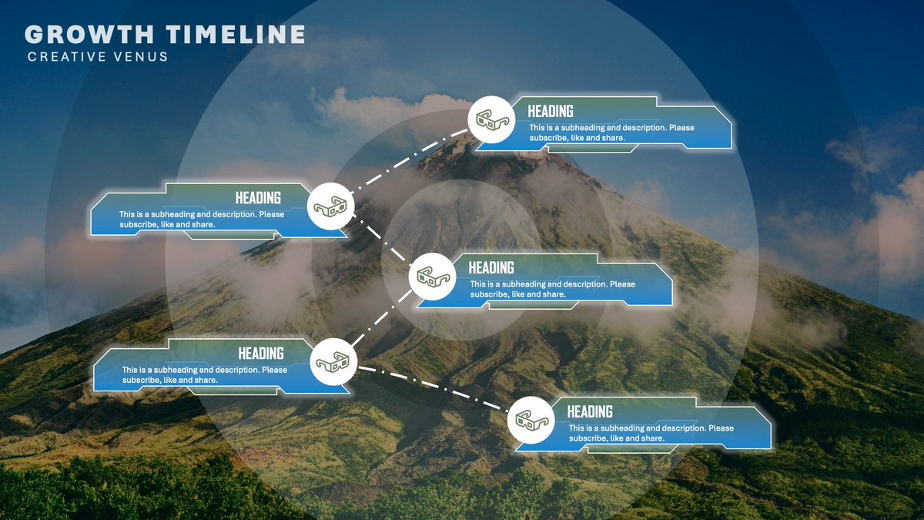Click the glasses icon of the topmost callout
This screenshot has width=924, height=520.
(x=492, y=119)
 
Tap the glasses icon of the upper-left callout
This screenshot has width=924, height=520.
(x=331, y=206)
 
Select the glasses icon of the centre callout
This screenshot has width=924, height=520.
(x=432, y=276)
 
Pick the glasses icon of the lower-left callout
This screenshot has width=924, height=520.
(x=333, y=361)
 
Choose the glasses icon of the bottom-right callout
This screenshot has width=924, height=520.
(x=532, y=420)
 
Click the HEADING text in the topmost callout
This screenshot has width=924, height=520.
(x=550, y=112)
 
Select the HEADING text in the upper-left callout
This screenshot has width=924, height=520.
(x=258, y=198)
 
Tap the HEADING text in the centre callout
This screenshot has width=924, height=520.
(x=491, y=268)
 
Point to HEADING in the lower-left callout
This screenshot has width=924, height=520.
(x=261, y=354)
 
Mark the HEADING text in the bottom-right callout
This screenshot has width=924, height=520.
(x=590, y=412)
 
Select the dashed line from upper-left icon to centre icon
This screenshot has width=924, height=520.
(x=382, y=242)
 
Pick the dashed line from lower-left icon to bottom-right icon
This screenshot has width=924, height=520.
(x=431, y=390)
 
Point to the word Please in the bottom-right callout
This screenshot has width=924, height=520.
(x=721, y=428)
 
